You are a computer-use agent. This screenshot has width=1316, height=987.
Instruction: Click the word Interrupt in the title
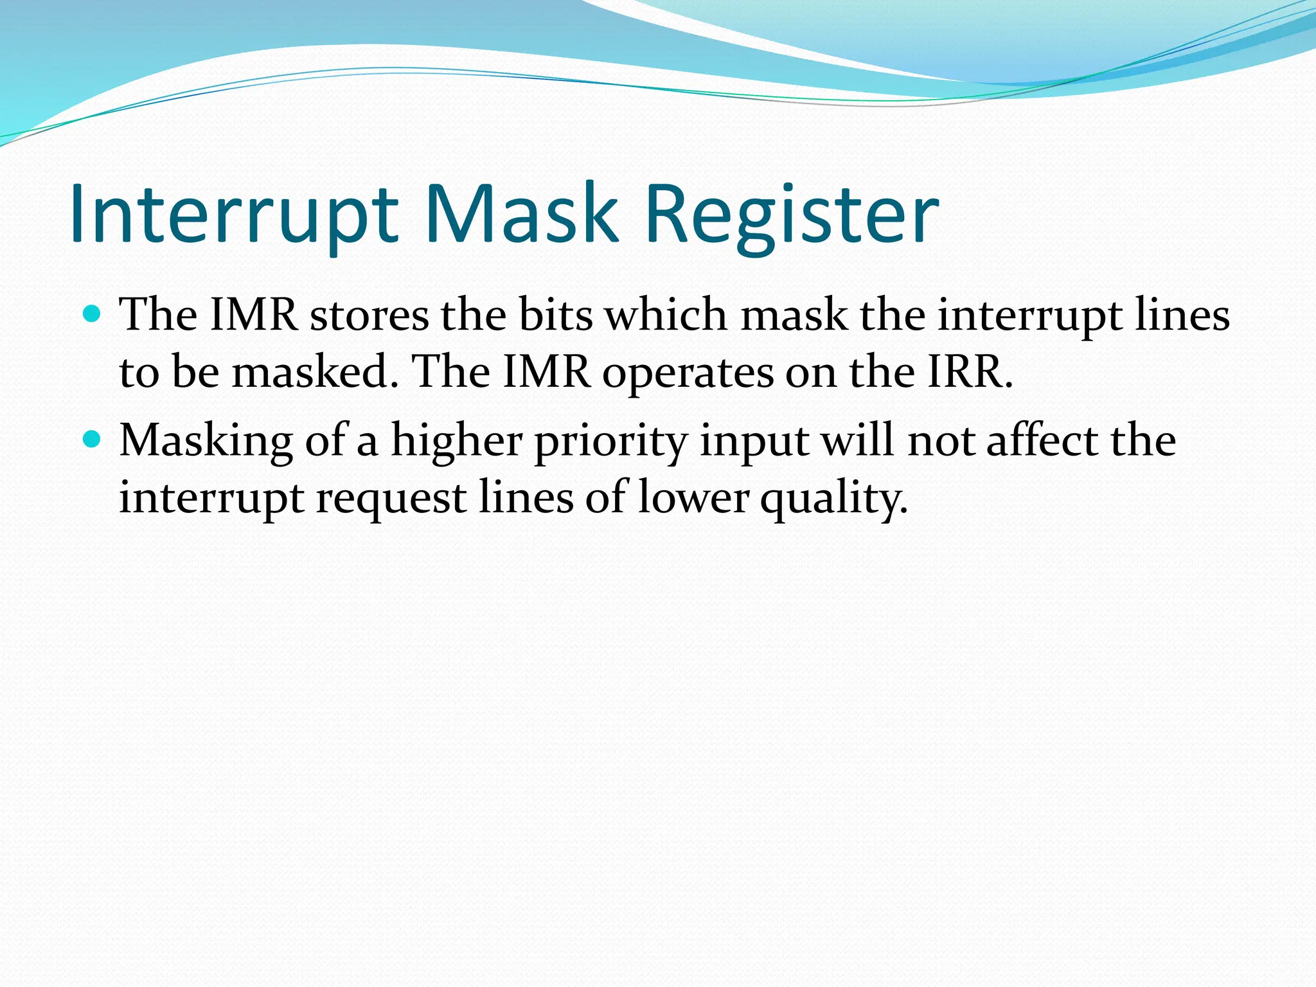point(234,213)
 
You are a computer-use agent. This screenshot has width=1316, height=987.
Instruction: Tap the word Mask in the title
point(520,213)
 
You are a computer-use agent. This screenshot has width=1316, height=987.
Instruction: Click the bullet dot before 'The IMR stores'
point(93,314)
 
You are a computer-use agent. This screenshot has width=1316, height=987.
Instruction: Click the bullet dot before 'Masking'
point(93,440)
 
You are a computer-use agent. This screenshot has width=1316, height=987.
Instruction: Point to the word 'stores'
point(369,316)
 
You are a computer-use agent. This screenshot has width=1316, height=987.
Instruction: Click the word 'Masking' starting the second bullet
point(206,442)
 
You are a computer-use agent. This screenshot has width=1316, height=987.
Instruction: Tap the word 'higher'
point(457,442)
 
